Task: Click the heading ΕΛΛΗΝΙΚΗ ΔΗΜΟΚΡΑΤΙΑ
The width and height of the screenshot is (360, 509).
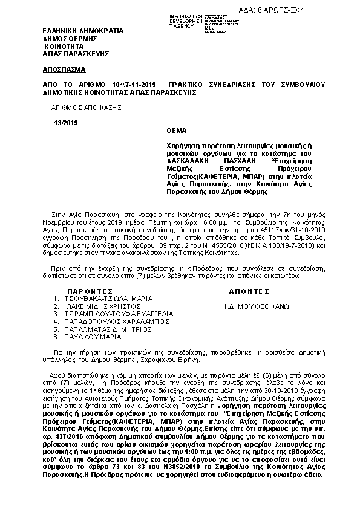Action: point(83,30)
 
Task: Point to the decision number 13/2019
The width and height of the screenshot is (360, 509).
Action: point(62,123)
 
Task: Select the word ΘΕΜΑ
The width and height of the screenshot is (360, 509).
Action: point(177,131)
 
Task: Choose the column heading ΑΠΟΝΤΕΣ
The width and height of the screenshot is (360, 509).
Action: point(248,291)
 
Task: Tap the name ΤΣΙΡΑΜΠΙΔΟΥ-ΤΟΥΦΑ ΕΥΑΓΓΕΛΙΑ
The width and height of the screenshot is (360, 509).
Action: point(119,314)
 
